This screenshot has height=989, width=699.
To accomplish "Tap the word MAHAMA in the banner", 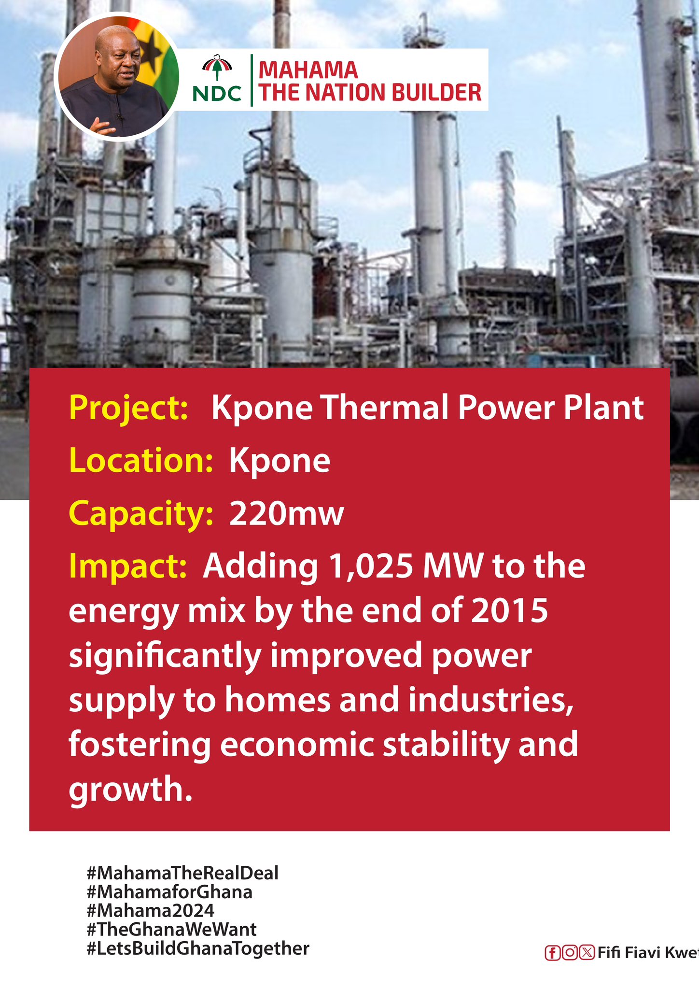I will click(308, 71).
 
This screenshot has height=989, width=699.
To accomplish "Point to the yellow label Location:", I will click(141, 460).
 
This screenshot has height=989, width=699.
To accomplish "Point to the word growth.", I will click(130, 790).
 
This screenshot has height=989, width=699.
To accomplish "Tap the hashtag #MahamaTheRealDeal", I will click(183, 873).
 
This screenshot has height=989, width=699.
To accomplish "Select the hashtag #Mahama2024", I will click(151, 911).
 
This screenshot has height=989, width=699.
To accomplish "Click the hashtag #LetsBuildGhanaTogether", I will click(198, 948).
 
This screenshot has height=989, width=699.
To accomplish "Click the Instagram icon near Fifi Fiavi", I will click(569, 953).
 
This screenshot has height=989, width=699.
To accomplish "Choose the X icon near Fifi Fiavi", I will click(587, 953).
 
